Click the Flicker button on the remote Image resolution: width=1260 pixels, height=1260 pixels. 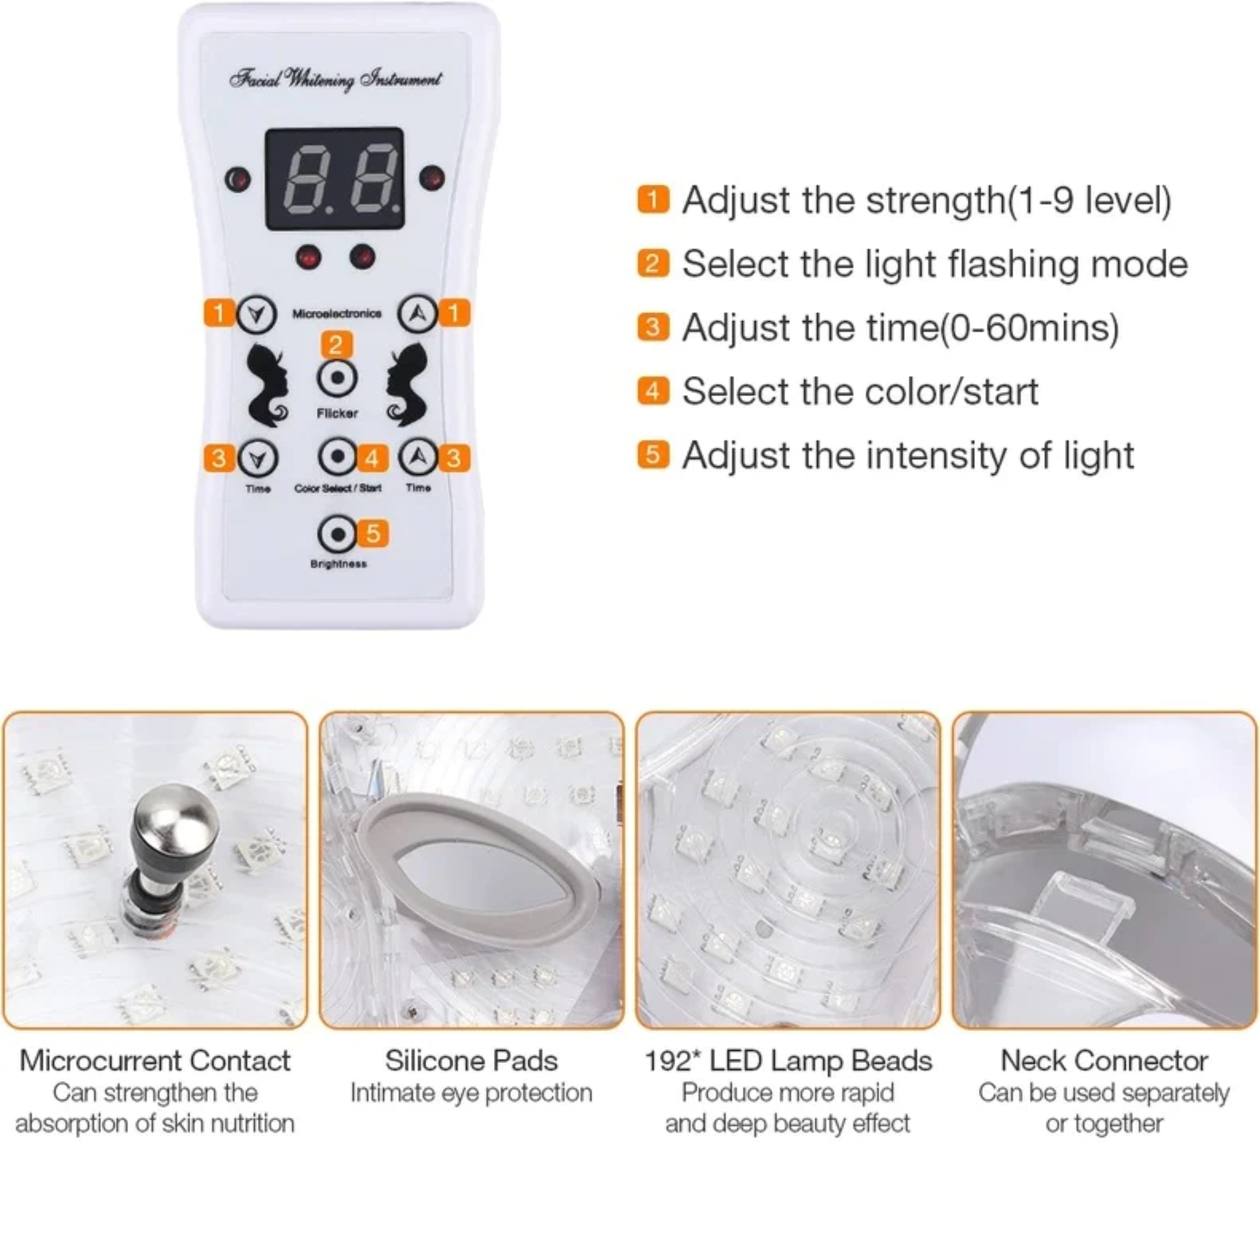pyautogui.click(x=337, y=378)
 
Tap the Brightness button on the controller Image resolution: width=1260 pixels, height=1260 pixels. pyautogui.click(x=337, y=534)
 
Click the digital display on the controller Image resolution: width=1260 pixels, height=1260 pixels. pyautogui.click(x=334, y=178)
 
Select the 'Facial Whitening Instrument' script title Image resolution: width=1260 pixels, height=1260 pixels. pyautogui.click(x=335, y=79)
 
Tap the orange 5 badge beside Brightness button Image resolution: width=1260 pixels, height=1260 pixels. pyautogui.click(x=373, y=533)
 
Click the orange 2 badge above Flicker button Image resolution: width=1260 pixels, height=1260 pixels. pyautogui.click(x=336, y=345)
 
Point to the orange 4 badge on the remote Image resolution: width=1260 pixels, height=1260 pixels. pyautogui.click(x=372, y=458)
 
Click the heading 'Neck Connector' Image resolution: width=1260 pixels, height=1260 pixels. pyautogui.click(x=1104, y=1061)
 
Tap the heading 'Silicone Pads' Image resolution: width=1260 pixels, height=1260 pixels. pyautogui.click(x=471, y=1061)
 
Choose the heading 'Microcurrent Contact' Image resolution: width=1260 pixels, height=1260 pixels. pyautogui.click(x=154, y=1061)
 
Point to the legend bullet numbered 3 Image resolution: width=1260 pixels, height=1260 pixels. pyautogui.click(x=653, y=327)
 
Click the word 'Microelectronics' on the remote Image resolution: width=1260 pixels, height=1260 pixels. pyautogui.click(x=337, y=314)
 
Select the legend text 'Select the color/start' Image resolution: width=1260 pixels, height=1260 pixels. pyautogui.click(x=859, y=392)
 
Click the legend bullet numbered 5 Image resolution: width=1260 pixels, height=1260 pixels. pyautogui.click(x=653, y=455)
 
